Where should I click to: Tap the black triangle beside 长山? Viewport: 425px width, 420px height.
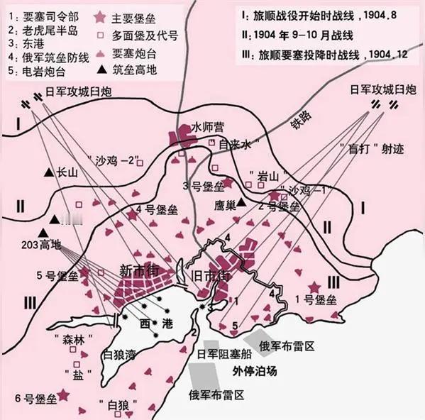(x=48, y=172)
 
